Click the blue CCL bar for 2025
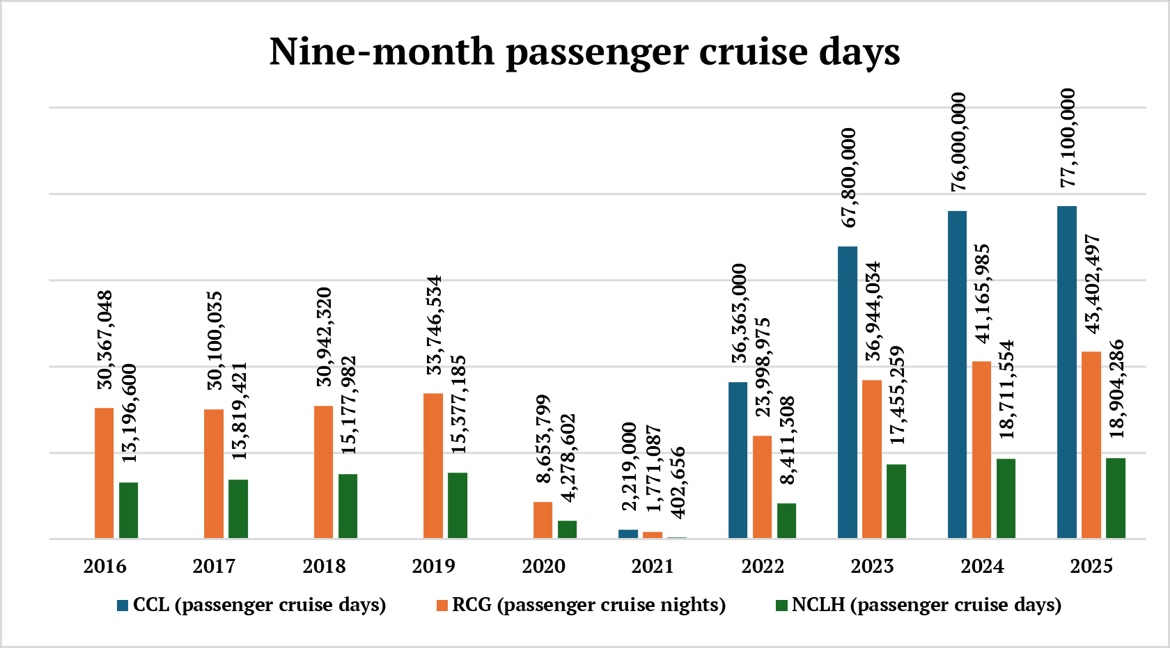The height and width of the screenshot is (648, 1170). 1066,372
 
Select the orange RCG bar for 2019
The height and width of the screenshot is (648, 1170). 433,466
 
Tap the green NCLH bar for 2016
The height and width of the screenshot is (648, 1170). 128,510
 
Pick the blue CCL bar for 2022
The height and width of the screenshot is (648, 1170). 738,460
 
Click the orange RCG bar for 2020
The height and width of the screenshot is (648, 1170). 543,520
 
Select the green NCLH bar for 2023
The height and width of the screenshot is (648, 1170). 896,501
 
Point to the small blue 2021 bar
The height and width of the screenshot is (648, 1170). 628,534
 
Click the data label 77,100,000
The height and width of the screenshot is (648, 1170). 1067,138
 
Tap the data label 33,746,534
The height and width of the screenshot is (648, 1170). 434,325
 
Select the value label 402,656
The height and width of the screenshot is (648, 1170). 677,482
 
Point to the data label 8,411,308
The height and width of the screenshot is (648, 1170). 787,441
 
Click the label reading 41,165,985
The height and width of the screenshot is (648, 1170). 981,293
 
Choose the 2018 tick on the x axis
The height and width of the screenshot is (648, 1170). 324,566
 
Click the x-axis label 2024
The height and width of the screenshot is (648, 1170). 982,566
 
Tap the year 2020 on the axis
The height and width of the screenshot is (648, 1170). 543,566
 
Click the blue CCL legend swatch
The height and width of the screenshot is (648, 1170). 123,606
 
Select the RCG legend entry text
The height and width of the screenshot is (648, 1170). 588,605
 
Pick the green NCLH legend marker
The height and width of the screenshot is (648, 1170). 781,606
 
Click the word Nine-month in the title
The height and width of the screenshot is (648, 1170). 382,52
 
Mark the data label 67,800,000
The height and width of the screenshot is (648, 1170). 848,177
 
